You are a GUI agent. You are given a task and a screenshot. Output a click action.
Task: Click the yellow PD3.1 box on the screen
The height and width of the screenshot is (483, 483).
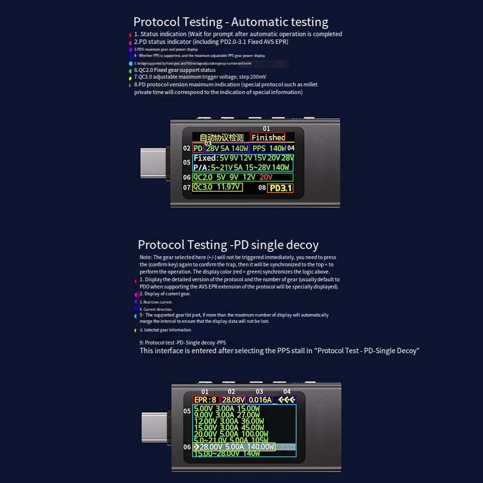280,188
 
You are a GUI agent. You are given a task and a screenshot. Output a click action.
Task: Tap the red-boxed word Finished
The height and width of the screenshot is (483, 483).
268,138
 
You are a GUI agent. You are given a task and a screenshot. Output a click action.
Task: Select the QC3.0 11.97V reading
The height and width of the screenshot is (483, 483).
217,187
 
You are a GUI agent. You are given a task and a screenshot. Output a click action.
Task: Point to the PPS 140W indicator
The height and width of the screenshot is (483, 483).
269,148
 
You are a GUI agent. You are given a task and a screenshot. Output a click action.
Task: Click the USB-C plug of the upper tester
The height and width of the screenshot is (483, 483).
153,163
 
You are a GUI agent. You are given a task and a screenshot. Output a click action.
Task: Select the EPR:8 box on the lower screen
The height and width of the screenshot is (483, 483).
206,400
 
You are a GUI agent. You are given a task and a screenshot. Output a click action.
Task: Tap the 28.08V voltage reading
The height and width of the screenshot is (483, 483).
233,400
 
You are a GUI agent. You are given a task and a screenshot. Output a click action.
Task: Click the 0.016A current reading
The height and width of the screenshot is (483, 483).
260,400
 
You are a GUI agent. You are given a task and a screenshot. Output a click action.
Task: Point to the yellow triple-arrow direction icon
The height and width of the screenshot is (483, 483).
286,400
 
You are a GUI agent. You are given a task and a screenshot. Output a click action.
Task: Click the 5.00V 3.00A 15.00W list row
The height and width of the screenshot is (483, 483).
227,409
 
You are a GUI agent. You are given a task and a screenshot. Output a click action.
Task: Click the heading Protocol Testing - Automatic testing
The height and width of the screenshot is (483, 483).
231,22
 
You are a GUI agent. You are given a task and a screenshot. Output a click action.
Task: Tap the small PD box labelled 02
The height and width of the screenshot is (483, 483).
198,148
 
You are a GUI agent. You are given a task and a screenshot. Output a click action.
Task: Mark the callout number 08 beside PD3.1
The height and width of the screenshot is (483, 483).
262,188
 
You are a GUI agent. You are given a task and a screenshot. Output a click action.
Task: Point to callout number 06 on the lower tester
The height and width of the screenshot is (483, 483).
187,447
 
